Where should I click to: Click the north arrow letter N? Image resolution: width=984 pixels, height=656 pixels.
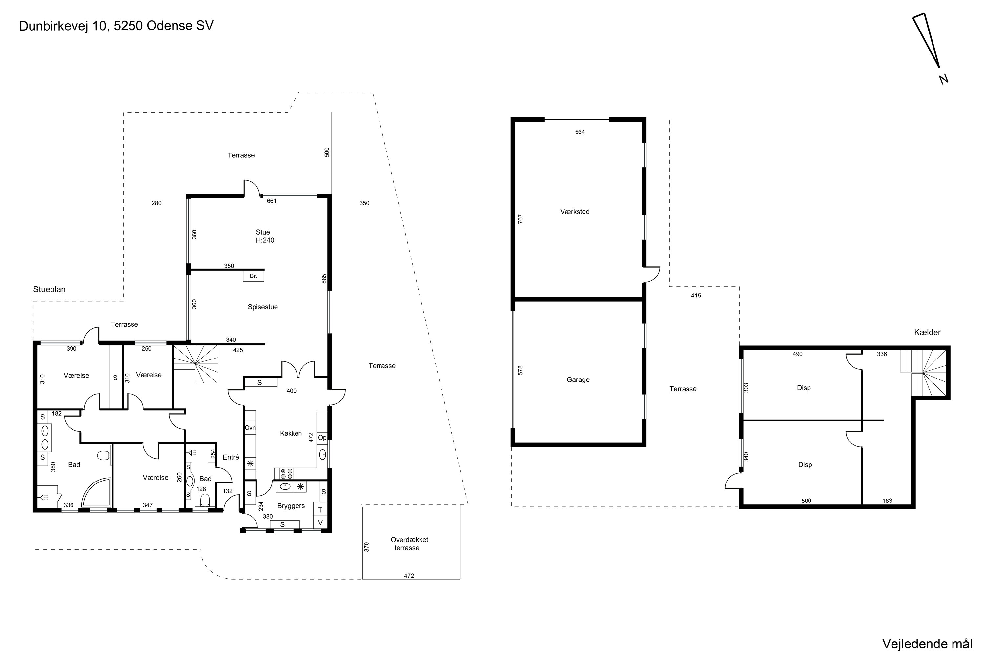[943, 79]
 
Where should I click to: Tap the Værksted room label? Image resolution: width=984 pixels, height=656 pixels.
[575, 212]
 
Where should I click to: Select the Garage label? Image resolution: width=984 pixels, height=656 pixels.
[578, 380]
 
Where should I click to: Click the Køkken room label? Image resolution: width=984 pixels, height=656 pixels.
[291, 433]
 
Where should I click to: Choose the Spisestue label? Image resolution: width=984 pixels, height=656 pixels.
[263, 307]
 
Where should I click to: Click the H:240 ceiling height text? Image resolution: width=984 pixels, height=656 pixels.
[265, 240]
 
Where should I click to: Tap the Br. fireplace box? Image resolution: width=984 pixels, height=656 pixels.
[254, 276]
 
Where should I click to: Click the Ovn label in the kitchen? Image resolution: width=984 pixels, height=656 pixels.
[250, 428]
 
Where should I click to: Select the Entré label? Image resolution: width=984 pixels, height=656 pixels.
[231, 457]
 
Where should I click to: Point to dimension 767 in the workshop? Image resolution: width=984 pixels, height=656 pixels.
[521, 219]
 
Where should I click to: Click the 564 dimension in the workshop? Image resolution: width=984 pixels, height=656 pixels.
[580, 132]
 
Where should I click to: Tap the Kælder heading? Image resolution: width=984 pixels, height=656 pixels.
[928, 333]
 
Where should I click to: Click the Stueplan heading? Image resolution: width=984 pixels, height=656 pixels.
[50, 290]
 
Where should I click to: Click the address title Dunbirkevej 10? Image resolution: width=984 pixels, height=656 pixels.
[64, 26]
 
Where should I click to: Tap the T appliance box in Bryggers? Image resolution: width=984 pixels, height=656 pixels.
[320, 510]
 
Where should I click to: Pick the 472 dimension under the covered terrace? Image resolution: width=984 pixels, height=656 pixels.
[409, 576]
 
